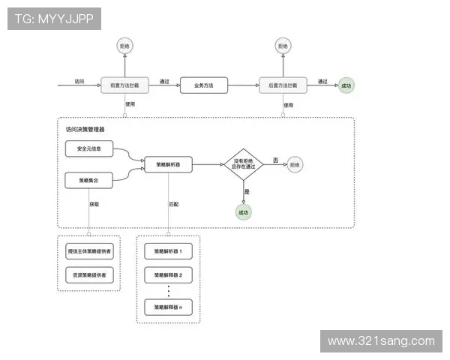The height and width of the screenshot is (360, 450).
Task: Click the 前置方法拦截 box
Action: coord(125,85)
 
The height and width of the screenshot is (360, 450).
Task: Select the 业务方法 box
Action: coord(202,85)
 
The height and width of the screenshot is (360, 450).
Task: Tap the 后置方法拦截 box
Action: coord(283,85)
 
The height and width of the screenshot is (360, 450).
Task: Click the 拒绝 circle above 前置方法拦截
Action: coord(125,46)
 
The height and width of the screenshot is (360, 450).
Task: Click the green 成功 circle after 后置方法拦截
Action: coord(346,85)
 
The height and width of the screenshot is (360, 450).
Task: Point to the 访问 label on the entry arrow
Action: coord(79,80)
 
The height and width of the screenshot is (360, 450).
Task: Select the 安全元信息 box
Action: coord(89,149)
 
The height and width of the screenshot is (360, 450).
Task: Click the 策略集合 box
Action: coord(89,180)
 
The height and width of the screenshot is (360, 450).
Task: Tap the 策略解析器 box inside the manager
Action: coord(168,163)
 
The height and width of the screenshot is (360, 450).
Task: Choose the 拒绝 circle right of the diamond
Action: coord(295,163)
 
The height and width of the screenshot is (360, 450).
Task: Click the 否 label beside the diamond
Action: coord(275,160)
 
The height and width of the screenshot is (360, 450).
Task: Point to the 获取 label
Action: coord(94,203)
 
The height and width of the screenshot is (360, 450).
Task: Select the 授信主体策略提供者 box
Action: coord(89,250)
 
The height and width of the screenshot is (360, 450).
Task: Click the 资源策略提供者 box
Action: coord(89,276)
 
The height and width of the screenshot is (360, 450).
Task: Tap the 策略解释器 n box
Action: coord(168,307)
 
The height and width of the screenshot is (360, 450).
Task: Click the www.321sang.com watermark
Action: coord(380,341)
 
